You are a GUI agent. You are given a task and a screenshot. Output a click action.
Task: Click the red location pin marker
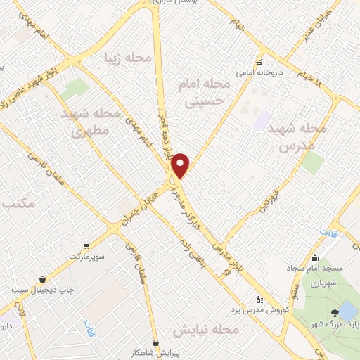pyautogui.click(x=181, y=166)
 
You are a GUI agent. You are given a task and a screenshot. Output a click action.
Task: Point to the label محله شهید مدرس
pyautogui.click(x=304, y=137)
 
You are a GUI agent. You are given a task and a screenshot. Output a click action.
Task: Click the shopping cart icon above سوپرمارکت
pyautogui.click(x=86, y=246)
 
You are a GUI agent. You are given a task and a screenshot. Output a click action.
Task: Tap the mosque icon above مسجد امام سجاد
pyautogui.click(x=314, y=257)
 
